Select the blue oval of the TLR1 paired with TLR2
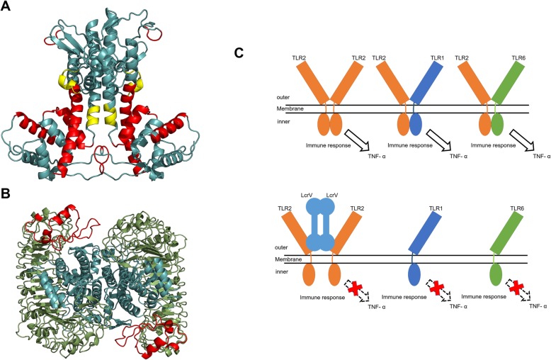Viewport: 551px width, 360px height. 416,122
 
